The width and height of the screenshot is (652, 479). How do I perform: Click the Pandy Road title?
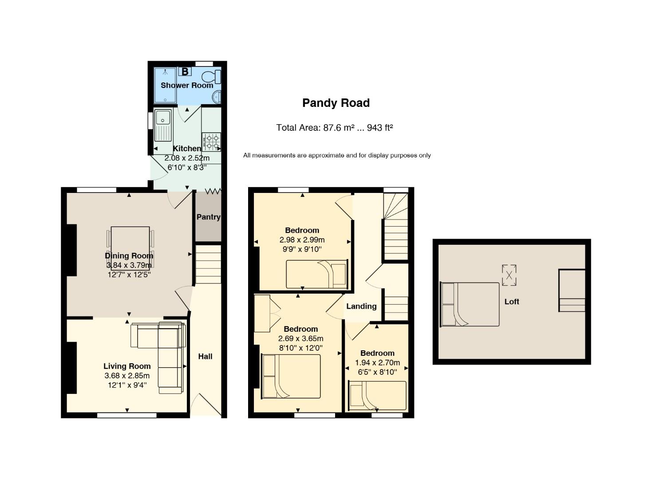point(336,103)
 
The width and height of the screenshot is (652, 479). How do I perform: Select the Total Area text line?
point(335,128)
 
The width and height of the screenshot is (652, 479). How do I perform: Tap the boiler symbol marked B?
point(185,71)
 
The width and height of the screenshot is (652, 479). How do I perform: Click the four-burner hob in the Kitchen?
point(211,141)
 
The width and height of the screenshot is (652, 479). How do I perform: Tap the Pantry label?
point(208,217)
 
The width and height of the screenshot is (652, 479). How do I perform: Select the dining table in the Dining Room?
point(130,244)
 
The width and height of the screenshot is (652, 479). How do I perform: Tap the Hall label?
point(205,356)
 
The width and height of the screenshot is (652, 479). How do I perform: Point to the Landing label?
point(361,306)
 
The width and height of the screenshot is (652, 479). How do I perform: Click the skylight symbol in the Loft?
point(509,275)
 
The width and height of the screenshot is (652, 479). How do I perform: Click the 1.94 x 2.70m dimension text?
point(377,362)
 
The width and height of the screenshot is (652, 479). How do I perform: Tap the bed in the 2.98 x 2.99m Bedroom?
point(316,274)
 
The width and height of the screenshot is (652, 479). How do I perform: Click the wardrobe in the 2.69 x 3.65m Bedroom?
point(262,313)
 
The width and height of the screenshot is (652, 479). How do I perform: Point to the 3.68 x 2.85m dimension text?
point(127,376)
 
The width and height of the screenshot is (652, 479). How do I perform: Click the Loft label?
point(511,302)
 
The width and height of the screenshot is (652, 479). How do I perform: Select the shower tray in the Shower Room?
point(165,85)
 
